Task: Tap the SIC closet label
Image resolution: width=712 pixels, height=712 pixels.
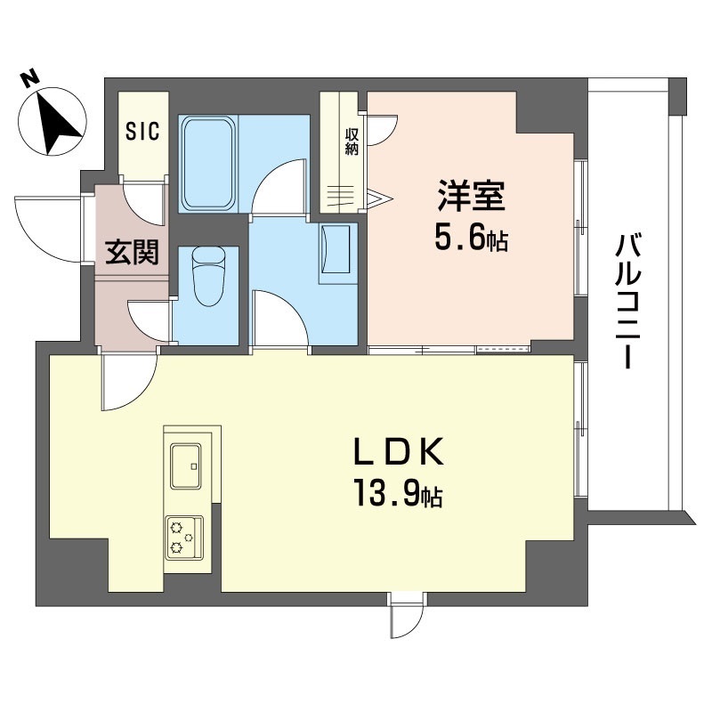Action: tap(142, 133)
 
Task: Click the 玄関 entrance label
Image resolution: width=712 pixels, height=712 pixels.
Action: tap(133, 253)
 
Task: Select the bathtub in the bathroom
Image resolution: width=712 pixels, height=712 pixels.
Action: tap(209, 165)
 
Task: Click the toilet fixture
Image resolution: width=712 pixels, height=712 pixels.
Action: tap(207, 275)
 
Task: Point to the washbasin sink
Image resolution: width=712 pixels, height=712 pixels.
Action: tap(337, 248)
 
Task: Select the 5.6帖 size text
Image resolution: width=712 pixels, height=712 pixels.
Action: tap(471, 238)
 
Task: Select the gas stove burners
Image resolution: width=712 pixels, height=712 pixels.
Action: tap(183, 537)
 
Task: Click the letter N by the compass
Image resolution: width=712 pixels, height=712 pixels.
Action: tap(30, 78)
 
